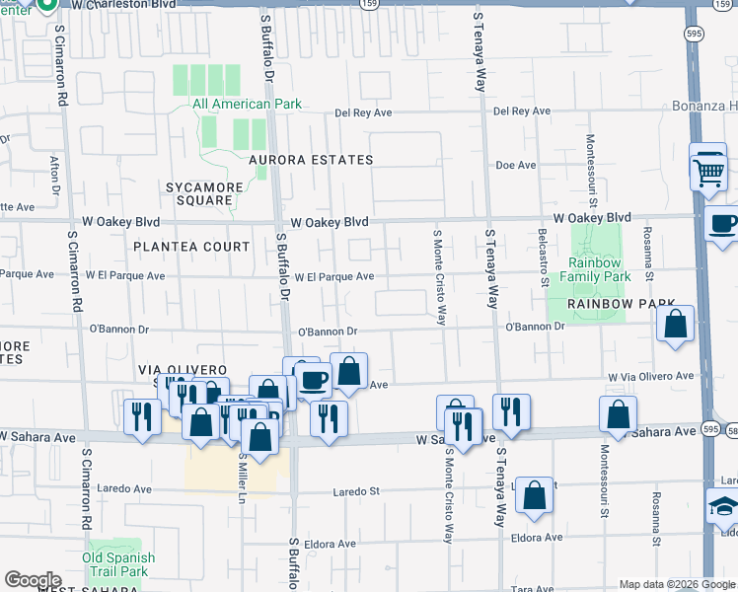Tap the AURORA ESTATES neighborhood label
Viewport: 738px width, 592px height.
click(x=311, y=160)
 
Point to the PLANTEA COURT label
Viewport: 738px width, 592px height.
click(x=192, y=247)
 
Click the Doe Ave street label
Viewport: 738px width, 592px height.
click(x=515, y=166)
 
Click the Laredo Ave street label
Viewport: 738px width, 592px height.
click(x=124, y=488)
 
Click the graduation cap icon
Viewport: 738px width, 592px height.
click(x=723, y=508)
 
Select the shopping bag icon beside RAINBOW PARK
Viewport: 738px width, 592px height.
click(x=676, y=325)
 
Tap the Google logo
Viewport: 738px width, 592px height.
click(x=34, y=580)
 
